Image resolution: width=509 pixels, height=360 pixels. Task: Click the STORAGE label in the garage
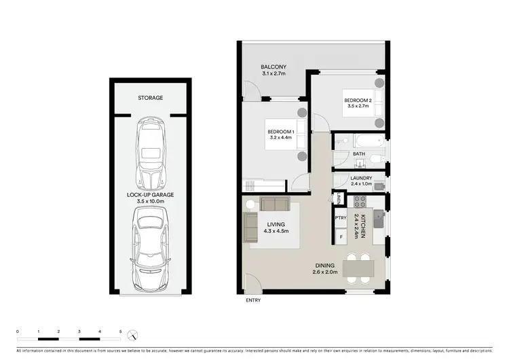point(150,98)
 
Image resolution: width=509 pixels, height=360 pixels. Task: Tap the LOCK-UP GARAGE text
point(150,195)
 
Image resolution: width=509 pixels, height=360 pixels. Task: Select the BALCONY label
point(274,67)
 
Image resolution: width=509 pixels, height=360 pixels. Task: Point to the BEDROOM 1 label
point(280,131)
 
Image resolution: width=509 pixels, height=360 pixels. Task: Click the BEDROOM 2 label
point(358,101)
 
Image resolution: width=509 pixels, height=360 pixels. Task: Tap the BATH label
point(358,154)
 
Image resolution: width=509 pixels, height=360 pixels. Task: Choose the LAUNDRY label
point(361,178)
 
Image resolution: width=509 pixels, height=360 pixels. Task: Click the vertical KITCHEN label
point(363,226)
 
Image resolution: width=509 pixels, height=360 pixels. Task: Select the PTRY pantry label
point(341,218)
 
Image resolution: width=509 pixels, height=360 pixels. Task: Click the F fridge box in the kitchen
point(341,238)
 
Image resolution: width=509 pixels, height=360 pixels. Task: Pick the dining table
point(357,268)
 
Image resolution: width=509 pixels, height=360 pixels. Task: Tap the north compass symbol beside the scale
point(135,335)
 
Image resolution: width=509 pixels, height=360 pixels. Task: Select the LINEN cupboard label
point(338,199)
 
